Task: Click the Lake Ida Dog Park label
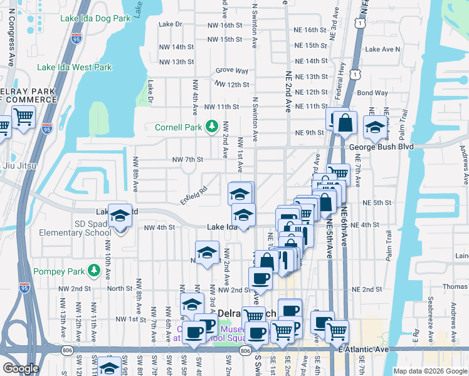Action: [x=95, y=18]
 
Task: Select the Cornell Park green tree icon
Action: [x=212, y=127]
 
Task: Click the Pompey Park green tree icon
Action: [x=94, y=270]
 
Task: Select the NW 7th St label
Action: [x=187, y=160]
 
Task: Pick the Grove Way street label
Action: [x=232, y=71]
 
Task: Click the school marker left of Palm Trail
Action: [x=374, y=127]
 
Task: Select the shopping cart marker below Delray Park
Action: [x=23, y=116]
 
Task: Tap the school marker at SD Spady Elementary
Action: [x=119, y=216]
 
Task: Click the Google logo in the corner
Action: [x=21, y=368]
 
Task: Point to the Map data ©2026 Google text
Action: [x=429, y=371]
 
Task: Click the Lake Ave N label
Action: [x=382, y=49]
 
